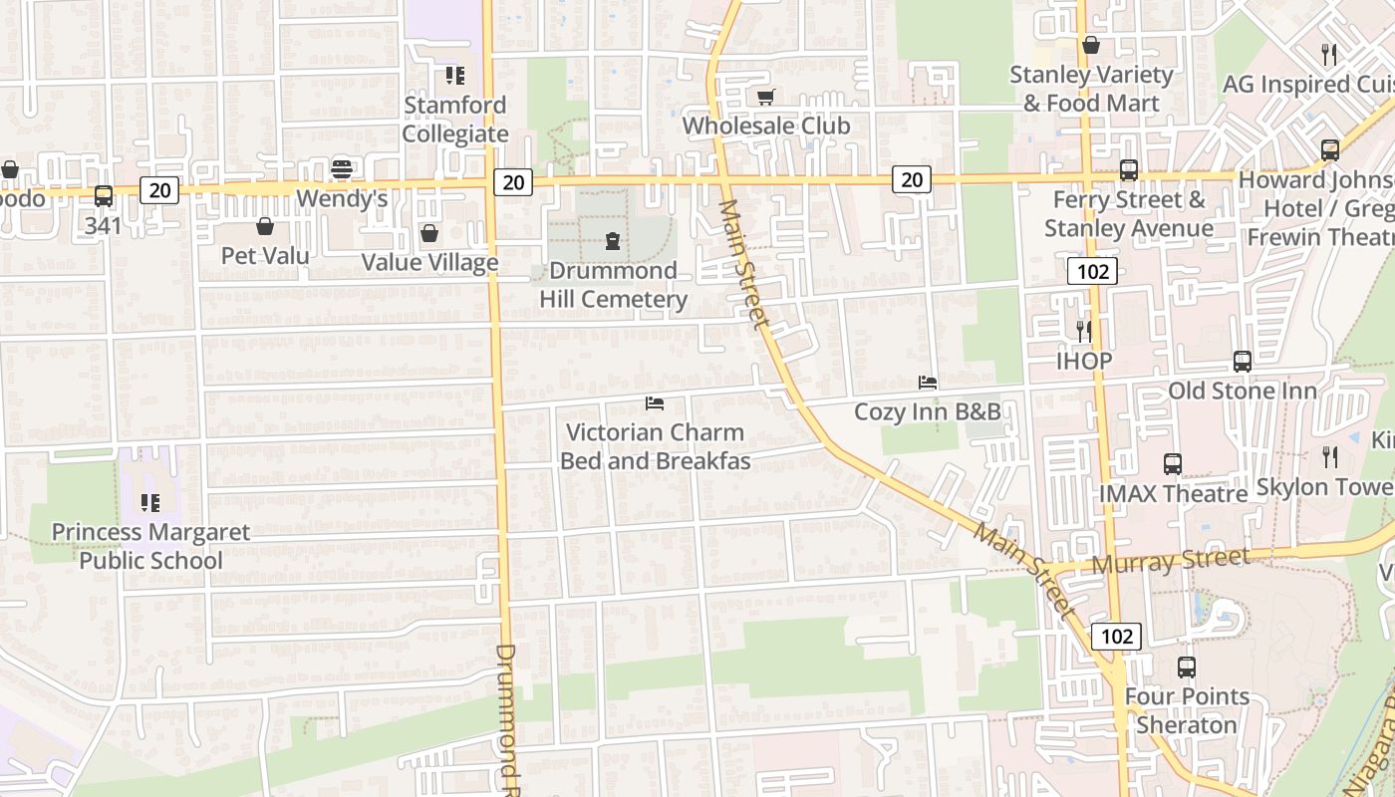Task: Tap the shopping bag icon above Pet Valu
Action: tap(265, 226)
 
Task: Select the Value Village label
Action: tap(429, 263)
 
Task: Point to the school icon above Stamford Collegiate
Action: tap(455, 76)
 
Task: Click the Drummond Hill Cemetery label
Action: tap(613, 285)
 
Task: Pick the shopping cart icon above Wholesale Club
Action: tap(765, 97)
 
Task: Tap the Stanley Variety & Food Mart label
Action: tap(1091, 89)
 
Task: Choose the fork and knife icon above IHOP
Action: tap(1084, 331)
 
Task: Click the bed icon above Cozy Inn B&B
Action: tap(928, 383)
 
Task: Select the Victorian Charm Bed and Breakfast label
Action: tap(655, 446)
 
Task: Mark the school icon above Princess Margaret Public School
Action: tap(150, 503)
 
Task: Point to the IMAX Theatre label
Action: tap(1173, 494)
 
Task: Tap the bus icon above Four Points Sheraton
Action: tap(1186, 667)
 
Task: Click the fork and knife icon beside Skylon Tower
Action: tap(1330, 457)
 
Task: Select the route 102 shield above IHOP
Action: tap(1092, 271)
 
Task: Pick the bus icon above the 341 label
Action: tap(104, 196)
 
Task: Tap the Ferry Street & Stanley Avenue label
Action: tap(1129, 214)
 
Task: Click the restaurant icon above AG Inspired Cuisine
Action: tap(1328, 54)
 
